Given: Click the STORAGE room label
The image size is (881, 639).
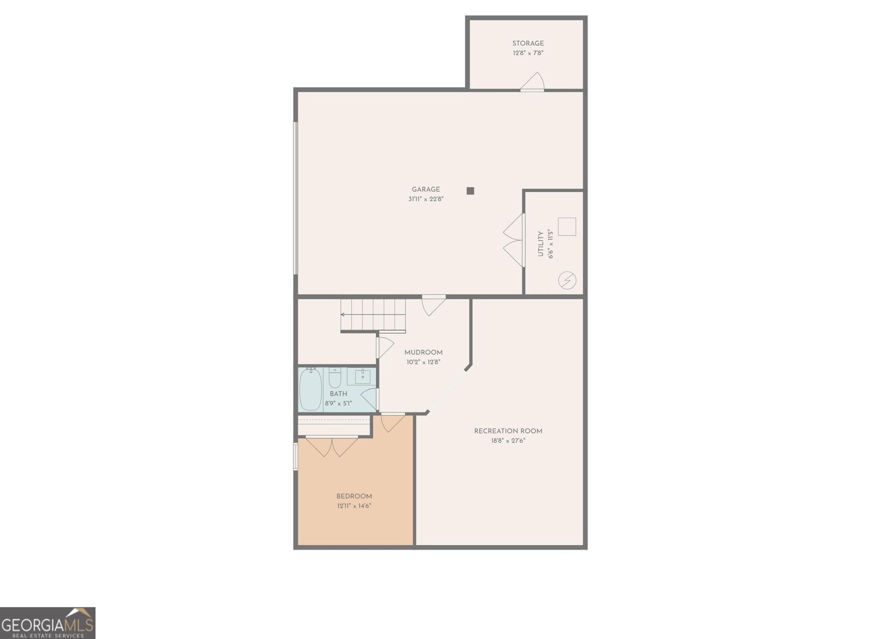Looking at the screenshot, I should tap(527, 44).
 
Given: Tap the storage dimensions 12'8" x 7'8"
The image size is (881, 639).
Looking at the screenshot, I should tap(527, 53).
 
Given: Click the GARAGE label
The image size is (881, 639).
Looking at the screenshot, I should tap(426, 189).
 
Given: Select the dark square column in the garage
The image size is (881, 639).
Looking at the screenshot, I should tap(470, 191).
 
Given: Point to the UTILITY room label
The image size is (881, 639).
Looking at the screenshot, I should tap(541, 243).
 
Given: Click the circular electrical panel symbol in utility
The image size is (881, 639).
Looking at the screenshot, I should tap(567, 281).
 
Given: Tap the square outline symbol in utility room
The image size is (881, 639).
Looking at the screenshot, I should tap(567, 227).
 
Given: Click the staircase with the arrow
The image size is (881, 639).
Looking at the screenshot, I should tap(373, 315).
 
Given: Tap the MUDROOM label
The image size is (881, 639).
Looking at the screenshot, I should tap(423, 353).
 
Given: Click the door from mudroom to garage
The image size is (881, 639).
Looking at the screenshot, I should tap(433, 305).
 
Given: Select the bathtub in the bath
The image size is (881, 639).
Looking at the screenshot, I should tap(311, 389).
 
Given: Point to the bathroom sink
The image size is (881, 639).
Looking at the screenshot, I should tap(362, 377).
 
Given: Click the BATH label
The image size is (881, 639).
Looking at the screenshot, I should tap(338, 394).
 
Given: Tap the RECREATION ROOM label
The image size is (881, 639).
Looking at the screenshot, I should tap(508, 431).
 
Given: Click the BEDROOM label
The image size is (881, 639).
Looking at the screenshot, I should tap(354, 496).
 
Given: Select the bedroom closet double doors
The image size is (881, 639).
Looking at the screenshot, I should tap(332, 446).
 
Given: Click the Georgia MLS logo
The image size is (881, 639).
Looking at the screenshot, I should tap(47, 623).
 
